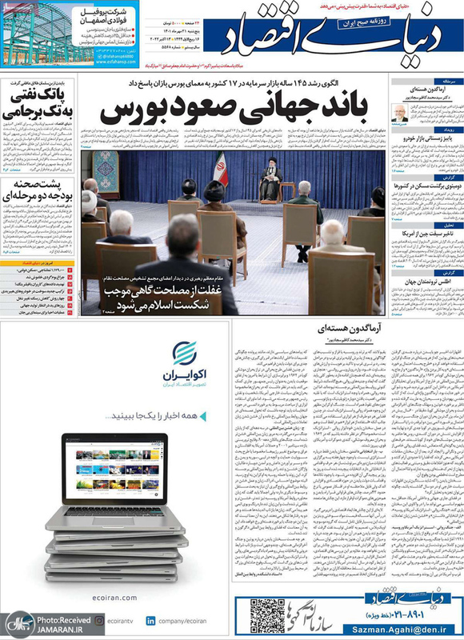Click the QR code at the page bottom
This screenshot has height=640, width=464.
(265, 616)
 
